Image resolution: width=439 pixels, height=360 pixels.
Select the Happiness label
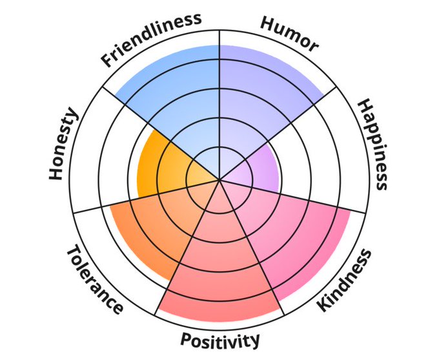pyautogui.click(x=373, y=144)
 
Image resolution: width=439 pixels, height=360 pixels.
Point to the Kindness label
pyautogui.click(x=345, y=280)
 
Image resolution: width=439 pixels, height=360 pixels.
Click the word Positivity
pyautogui.click(x=219, y=339)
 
